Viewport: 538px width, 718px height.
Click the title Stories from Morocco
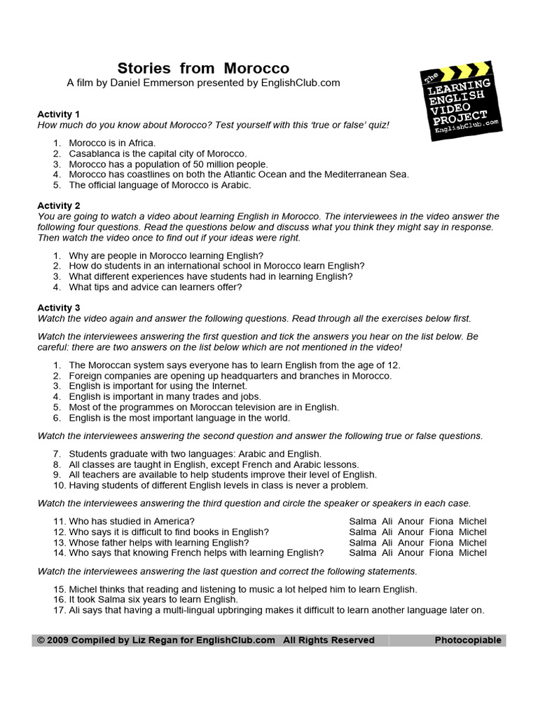click(x=203, y=68)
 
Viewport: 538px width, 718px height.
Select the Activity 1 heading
click(x=59, y=114)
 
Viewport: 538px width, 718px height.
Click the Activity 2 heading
click(x=59, y=205)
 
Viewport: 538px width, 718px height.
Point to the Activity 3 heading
click(x=59, y=307)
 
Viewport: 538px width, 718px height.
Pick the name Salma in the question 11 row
click(x=362, y=521)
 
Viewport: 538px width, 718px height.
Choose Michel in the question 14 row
click(x=472, y=553)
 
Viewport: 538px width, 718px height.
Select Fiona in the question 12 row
click(x=441, y=531)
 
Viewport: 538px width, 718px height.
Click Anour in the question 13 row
click(x=411, y=542)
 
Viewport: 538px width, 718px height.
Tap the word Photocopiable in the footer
click(x=467, y=640)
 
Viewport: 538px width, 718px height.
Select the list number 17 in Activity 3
click(x=59, y=610)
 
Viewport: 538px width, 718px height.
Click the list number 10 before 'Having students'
click(x=59, y=485)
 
